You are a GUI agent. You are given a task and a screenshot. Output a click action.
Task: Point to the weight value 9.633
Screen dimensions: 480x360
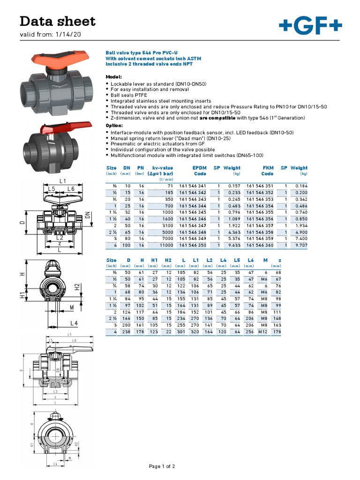[x=233, y=245]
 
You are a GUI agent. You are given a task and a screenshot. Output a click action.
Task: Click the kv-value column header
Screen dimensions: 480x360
[x=162, y=168]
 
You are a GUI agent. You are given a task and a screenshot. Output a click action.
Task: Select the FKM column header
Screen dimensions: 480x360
[x=267, y=168]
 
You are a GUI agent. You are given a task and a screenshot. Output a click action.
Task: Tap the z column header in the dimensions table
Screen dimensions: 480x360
[x=279, y=260]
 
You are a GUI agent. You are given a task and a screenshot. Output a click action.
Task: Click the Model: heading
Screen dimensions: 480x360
[x=113, y=76]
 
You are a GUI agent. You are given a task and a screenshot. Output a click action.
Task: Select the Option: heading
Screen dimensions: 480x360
[x=114, y=126]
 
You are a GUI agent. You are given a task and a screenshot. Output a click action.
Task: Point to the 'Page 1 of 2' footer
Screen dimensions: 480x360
[x=162, y=466]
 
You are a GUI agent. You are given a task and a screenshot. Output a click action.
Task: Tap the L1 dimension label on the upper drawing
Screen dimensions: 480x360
[x=63, y=180]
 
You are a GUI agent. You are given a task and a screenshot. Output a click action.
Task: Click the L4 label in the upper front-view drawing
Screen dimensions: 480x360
[x=73, y=323]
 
